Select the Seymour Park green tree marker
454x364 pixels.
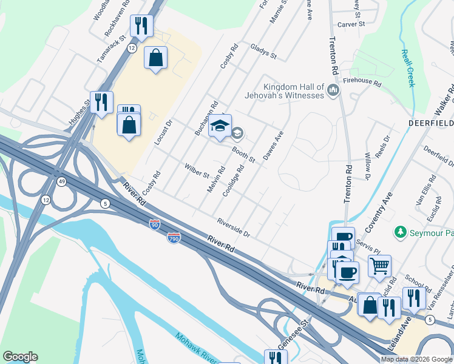(400, 232)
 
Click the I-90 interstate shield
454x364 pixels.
(155, 224)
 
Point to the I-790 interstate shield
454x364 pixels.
(174, 238)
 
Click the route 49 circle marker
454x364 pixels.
(62, 181)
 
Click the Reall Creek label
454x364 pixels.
(407, 67)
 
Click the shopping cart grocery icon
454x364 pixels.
(379, 265)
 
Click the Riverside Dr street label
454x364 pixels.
(233, 227)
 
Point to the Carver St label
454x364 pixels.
(351, 24)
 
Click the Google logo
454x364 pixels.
(20, 357)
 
